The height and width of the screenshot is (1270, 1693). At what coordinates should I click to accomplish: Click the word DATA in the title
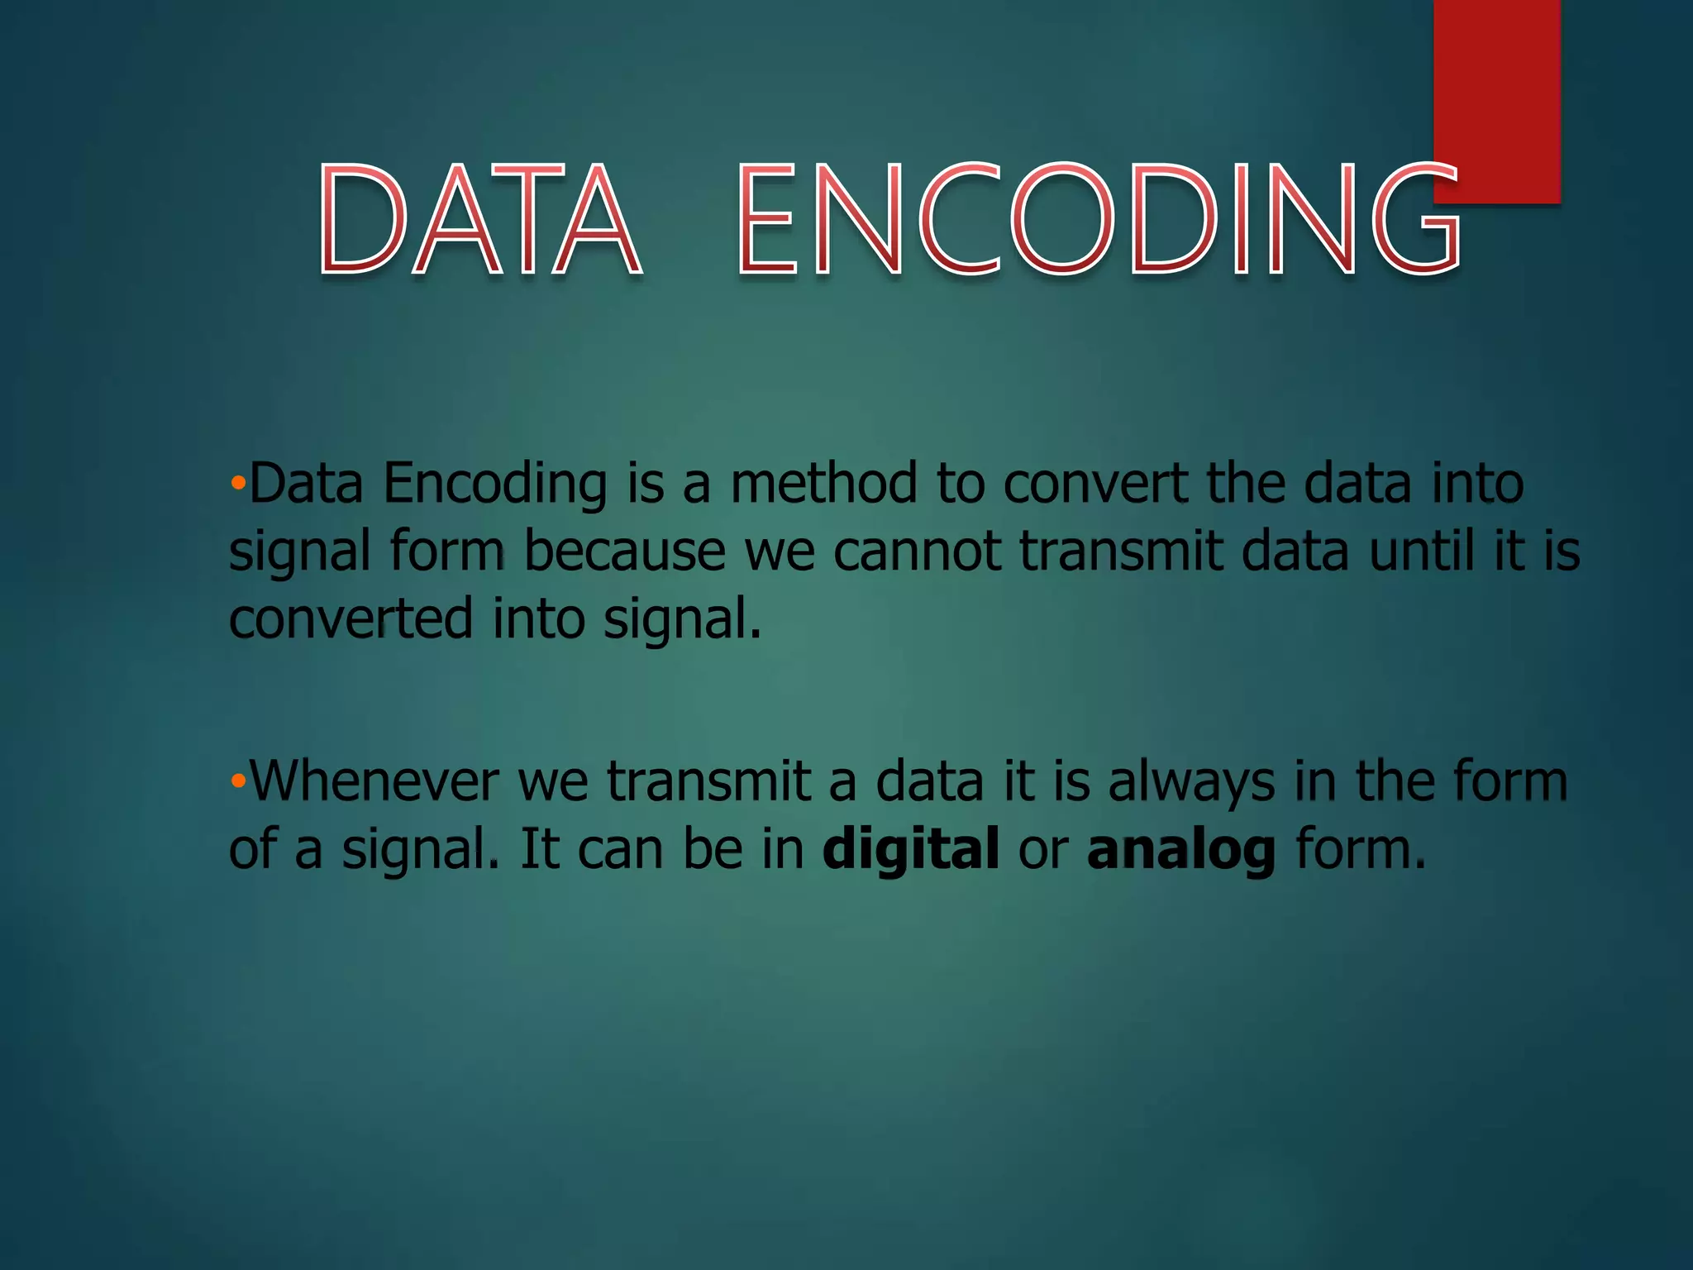[479, 219]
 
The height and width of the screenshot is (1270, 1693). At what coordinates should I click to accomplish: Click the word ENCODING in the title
[1099, 219]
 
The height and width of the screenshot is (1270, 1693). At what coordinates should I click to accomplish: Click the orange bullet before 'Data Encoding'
[238, 483]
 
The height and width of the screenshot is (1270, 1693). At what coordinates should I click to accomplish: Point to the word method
[823, 483]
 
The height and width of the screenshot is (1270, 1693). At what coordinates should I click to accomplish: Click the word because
[625, 551]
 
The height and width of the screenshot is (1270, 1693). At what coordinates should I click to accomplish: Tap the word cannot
[917, 551]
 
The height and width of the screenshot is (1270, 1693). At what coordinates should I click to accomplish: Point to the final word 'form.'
[1361, 849]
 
